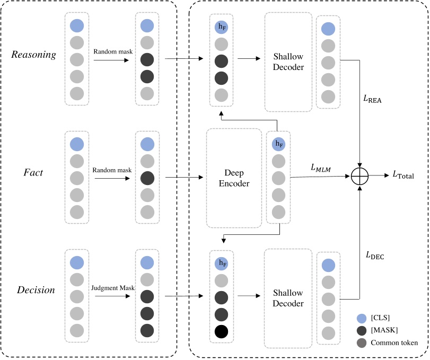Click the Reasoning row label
(x=33, y=55)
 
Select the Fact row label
(x=34, y=172)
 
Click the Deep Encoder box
(x=234, y=178)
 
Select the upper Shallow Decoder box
(x=288, y=62)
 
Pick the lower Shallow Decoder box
(x=288, y=298)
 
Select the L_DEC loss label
(x=374, y=256)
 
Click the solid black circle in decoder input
(x=222, y=332)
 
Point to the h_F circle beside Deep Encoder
(x=278, y=144)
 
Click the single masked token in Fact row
(x=147, y=178)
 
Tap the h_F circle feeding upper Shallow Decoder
(x=222, y=27)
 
